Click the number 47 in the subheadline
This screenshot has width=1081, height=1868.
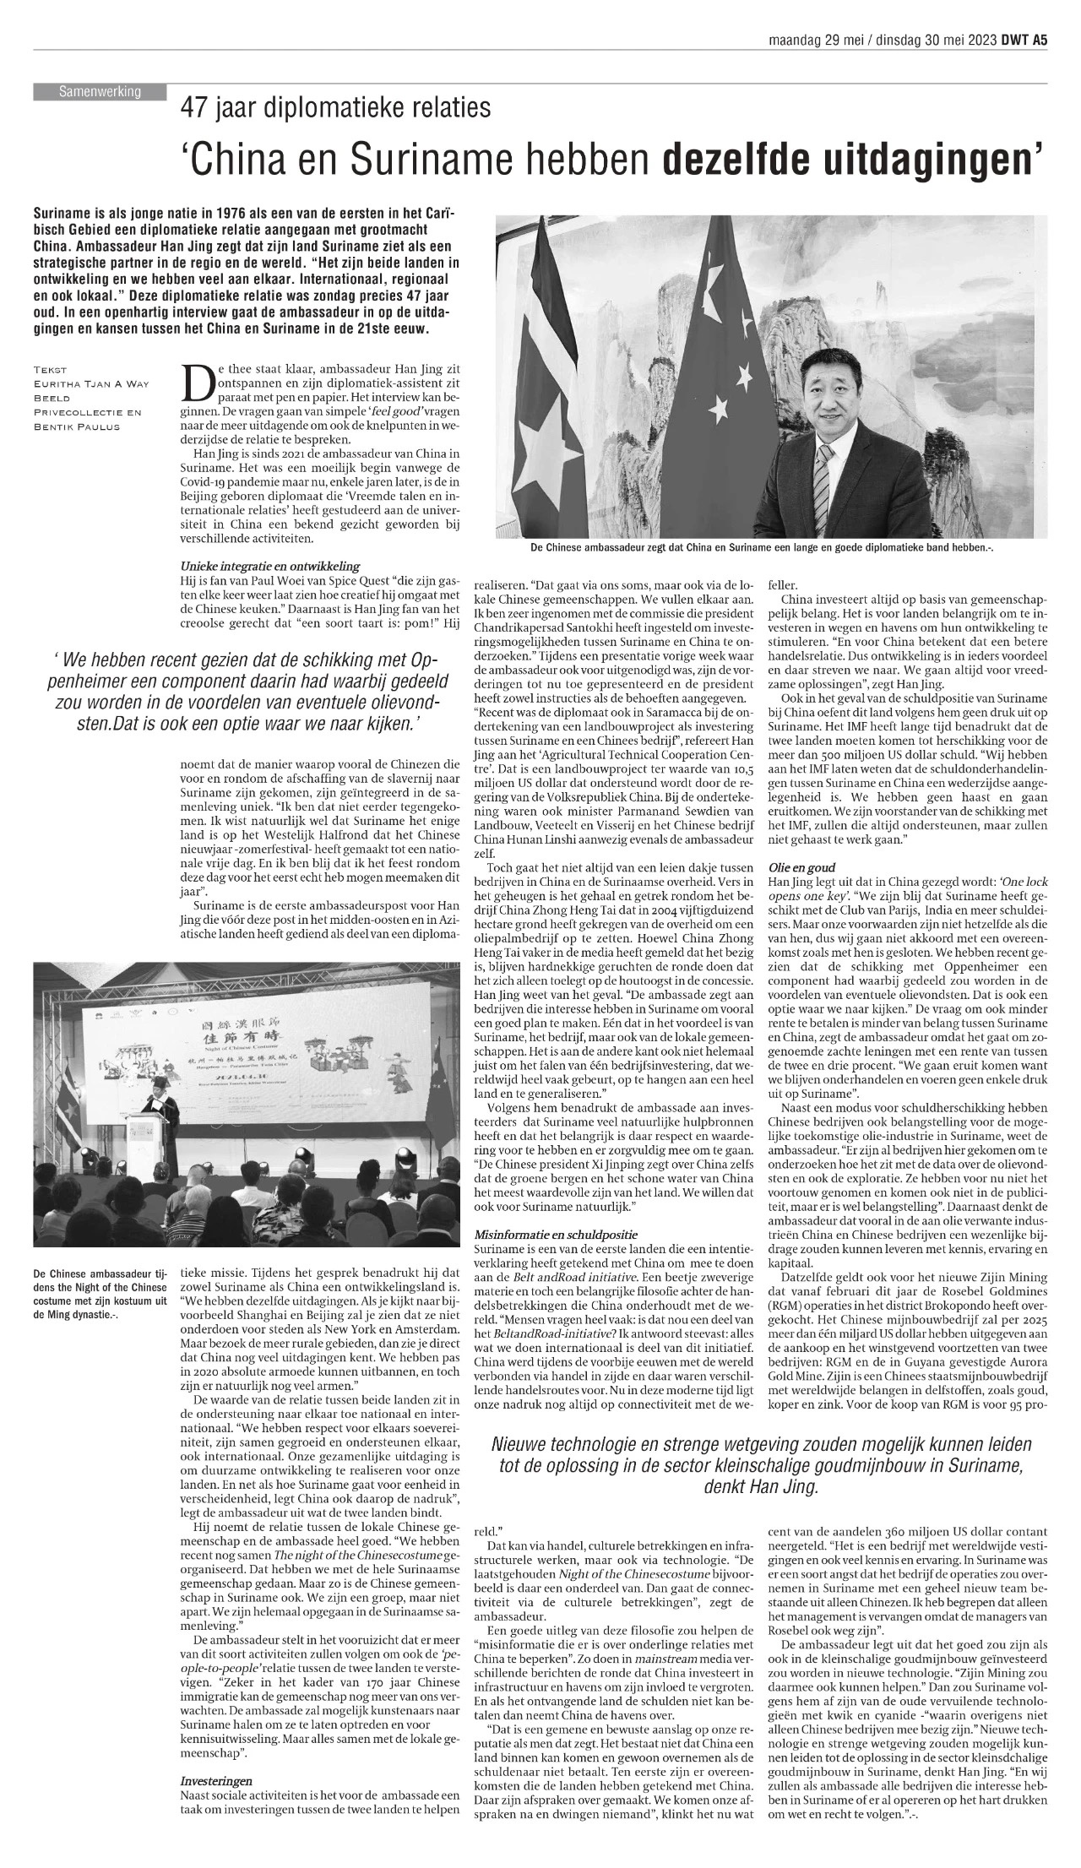[x=194, y=108]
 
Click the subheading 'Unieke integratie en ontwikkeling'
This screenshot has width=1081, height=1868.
[x=270, y=565]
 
